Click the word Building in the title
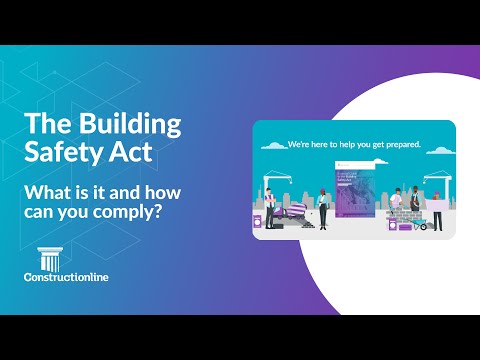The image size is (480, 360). coord(136,125)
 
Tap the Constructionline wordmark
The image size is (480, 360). coord(69,278)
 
